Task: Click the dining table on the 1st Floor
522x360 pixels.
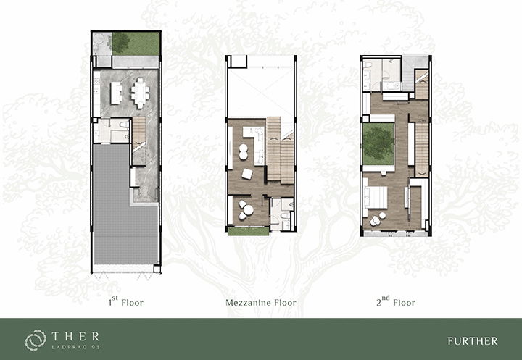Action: click(140, 93)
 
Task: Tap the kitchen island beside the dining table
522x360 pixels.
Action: click(116, 93)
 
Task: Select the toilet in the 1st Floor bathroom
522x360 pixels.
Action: click(124, 125)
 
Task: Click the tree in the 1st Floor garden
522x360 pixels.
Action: click(120, 43)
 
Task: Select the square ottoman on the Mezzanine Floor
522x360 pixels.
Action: click(247, 174)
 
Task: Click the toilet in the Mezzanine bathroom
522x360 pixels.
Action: click(286, 216)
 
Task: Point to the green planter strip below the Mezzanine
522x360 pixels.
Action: click(249, 231)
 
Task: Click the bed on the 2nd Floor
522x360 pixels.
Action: click(376, 197)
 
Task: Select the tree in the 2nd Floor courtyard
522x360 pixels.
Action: click(378, 143)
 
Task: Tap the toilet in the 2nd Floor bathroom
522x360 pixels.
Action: click(367, 65)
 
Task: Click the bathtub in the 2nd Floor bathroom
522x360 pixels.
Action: click(392, 86)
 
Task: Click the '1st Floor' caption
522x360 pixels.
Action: click(126, 301)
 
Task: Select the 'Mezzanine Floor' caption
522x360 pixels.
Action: click(261, 303)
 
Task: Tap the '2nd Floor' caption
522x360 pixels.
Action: click(396, 301)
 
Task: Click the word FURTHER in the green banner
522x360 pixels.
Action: click(473, 341)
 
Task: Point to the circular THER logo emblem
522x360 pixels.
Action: click(36, 340)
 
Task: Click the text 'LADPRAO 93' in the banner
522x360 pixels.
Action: click(75, 347)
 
